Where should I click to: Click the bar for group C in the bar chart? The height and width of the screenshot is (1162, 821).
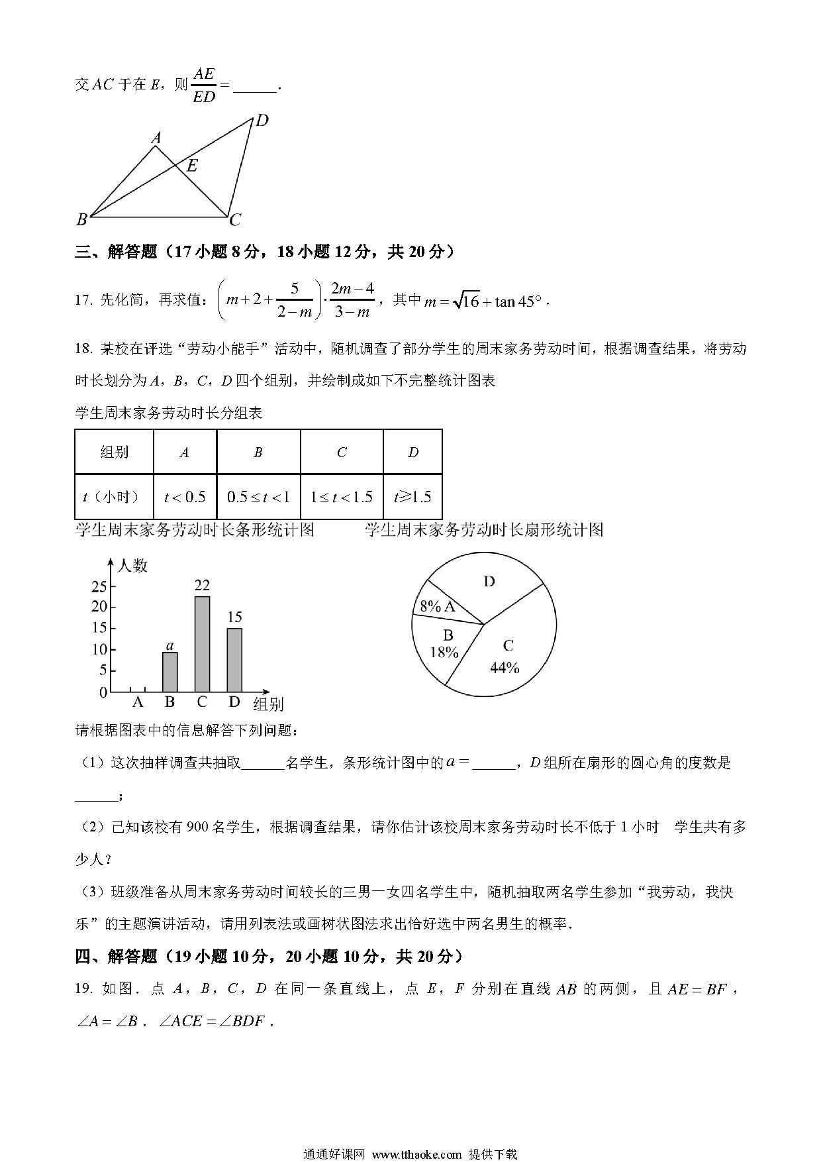click(x=202, y=644)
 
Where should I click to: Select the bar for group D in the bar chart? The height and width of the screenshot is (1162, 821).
click(x=234, y=660)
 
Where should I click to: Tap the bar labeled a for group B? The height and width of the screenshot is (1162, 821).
click(x=169, y=672)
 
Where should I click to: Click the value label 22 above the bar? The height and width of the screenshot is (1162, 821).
click(x=202, y=585)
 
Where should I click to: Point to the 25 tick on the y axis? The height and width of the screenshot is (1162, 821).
click(x=99, y=586)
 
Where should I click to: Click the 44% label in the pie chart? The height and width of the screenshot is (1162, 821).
click(x=505, y=668)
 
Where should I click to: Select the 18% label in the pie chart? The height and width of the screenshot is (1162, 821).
click(x=444, y=653)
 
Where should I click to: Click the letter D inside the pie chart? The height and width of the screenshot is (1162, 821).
click(x=489, y=582)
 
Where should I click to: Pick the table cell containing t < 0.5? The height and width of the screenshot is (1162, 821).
click(x=185, y=497)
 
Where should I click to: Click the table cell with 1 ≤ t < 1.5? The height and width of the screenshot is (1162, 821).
click(x=342, y=497)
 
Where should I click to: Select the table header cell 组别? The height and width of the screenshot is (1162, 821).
click(x=114, y=452)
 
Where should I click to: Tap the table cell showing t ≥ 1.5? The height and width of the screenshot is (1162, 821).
click(x=412, y=497)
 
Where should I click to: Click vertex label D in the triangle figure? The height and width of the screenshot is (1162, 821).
click(x=262, y=121)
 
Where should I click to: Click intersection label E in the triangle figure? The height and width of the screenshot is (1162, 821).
click(x=192, y=166)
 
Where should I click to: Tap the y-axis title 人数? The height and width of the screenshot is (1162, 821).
click(x=132, y=566)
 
